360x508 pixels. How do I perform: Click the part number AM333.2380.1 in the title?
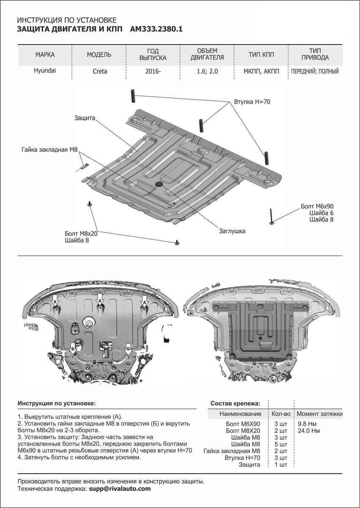pos(157,29)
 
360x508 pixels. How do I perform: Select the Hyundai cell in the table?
pos(45,71)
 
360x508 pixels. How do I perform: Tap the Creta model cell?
pos(100,71)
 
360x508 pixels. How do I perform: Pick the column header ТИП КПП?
pos(261,55)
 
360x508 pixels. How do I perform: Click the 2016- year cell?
pos(153,71)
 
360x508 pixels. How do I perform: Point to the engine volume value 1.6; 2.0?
pos(207,71)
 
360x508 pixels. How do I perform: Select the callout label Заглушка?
pos(232,231)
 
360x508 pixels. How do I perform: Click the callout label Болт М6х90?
pos(317,206)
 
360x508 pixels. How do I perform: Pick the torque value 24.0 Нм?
pos(309,431)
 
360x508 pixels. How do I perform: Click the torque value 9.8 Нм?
pos(308,424)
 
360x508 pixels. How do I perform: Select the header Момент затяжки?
pos(319,414)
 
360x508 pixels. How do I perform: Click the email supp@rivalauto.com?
pos(120,489)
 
